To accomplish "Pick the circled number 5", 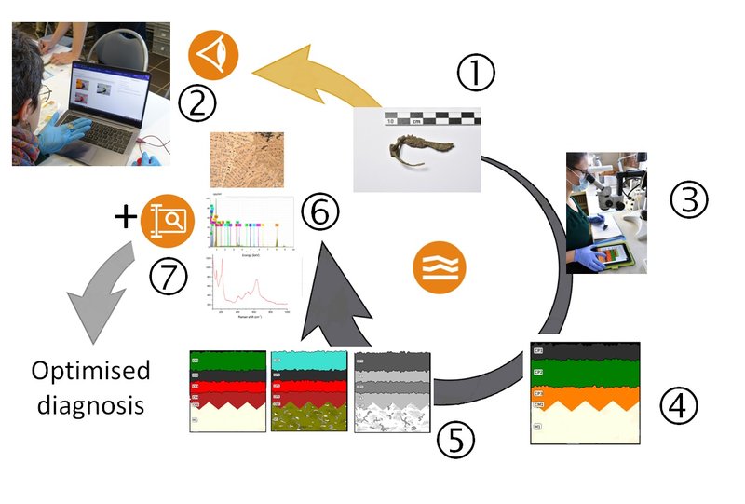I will click(x=457, y=440).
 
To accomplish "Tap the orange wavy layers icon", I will click(x=439, y=266).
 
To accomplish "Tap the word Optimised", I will click(x=90, y=371).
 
